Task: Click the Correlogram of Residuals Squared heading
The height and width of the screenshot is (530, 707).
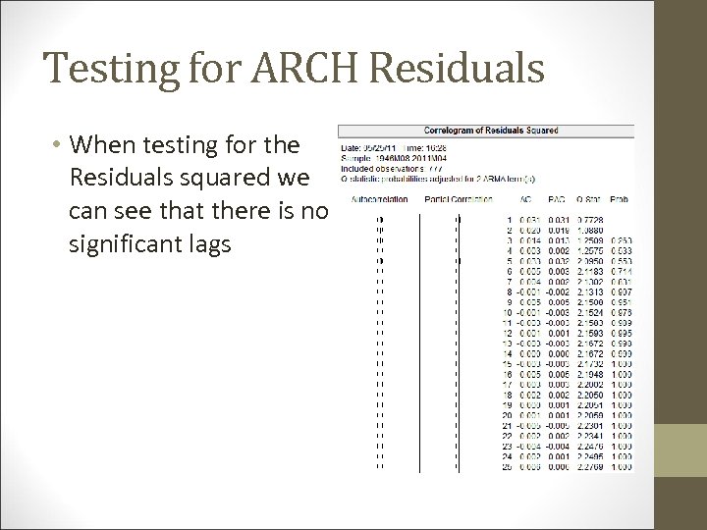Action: click(x=490, y=131)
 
